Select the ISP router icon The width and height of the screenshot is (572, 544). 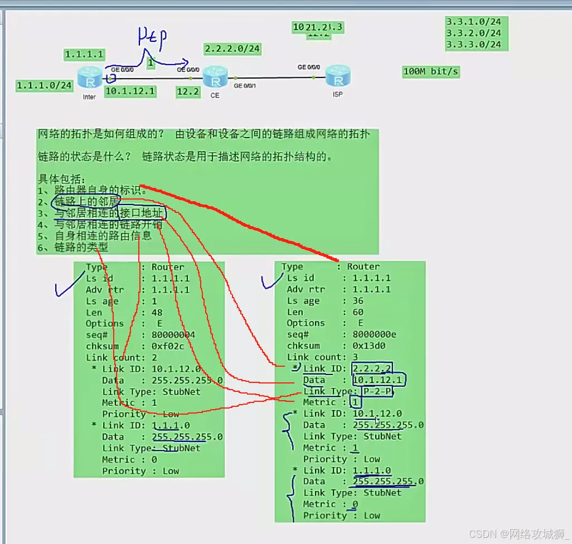pos(337,75)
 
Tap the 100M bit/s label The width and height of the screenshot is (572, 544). pos(431,72)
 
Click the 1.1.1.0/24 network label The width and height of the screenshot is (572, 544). pos(45,85)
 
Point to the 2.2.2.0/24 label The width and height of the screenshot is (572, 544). pos(232,49)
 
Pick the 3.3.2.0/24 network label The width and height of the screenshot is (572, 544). pos(473,33)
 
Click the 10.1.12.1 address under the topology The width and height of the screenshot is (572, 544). pos(130,91)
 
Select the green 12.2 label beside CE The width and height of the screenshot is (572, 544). pos(188,91)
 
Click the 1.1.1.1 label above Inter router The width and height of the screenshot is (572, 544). pos(84,55)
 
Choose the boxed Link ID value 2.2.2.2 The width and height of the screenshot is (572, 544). pos(372,368)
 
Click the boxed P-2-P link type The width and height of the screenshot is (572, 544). pos(373,391)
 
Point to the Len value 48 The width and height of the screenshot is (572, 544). pos(157,312)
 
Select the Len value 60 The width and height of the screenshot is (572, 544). pos(358,312)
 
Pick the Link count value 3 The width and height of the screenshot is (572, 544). pos(355,357)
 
